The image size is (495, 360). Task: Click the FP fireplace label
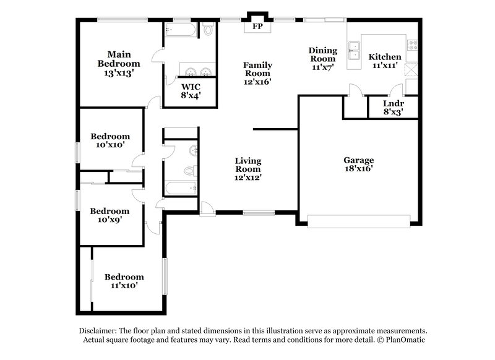tap(256, 27)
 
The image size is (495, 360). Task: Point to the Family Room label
tap(257, 73)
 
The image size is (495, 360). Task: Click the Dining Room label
tap(323, 59)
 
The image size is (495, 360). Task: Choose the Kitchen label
tap(385, 61)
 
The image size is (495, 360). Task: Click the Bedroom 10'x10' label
tap(110, 141)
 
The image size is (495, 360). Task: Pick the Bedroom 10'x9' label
tap(110, 215)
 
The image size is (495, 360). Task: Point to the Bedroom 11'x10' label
tap(124, 281)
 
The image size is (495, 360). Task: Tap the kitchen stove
tap(413, 44)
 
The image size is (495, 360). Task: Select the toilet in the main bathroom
tap(208, 29)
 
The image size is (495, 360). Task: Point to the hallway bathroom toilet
tap(190, 170)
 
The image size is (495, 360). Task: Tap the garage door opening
tap(359, 221)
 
